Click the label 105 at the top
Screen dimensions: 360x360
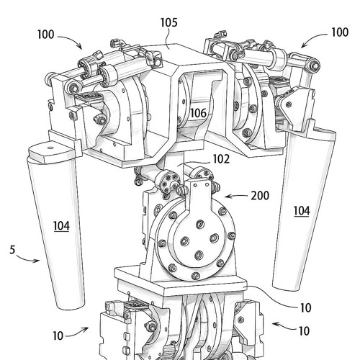pos(168,22)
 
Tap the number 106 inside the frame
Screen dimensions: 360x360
pos(198,113)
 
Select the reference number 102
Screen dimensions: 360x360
pos(221,159)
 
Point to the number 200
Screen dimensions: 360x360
pos(260,196)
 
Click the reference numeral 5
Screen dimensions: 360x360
pos(12,250)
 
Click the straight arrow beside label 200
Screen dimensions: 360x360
pos(236,197)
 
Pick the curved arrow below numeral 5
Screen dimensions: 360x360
pos(27,259)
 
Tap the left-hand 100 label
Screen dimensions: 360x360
pos(45,35)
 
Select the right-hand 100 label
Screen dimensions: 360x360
pos(340,32)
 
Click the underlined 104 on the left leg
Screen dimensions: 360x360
pos(61,226)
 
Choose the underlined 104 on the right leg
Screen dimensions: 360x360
pos(302,211)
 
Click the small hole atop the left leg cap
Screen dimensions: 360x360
pos(50,148)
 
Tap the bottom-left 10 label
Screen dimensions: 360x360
pos(58,336)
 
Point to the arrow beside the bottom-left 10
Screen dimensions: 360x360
pos(77,333)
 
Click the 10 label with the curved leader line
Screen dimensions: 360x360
pos(306,308)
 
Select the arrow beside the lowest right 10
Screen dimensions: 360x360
pos(284,326)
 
